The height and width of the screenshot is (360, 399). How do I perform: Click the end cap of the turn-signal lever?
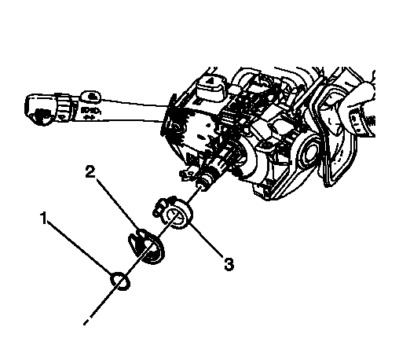(39, 108)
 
